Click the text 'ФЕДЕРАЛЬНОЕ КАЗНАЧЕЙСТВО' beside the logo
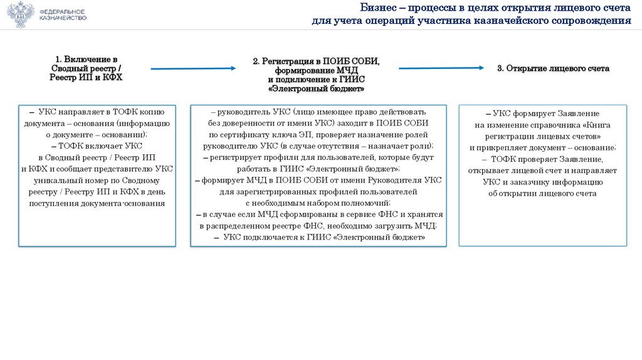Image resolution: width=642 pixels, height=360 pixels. click(63, 15)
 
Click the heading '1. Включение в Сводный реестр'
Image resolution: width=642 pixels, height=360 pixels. click(86, 68)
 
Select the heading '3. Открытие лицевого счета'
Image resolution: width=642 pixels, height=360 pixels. click(553, 68)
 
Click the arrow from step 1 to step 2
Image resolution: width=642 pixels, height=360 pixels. click(192, 68)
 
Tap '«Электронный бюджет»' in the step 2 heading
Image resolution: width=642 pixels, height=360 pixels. click(316, 88)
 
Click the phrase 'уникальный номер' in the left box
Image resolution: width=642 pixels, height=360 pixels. click(78, 180)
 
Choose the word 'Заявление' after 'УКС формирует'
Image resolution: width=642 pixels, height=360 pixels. click(572, 114)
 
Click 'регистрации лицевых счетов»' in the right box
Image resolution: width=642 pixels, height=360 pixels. click(543, 136)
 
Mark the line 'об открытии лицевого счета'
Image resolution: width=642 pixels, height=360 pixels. click(542, 193)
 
